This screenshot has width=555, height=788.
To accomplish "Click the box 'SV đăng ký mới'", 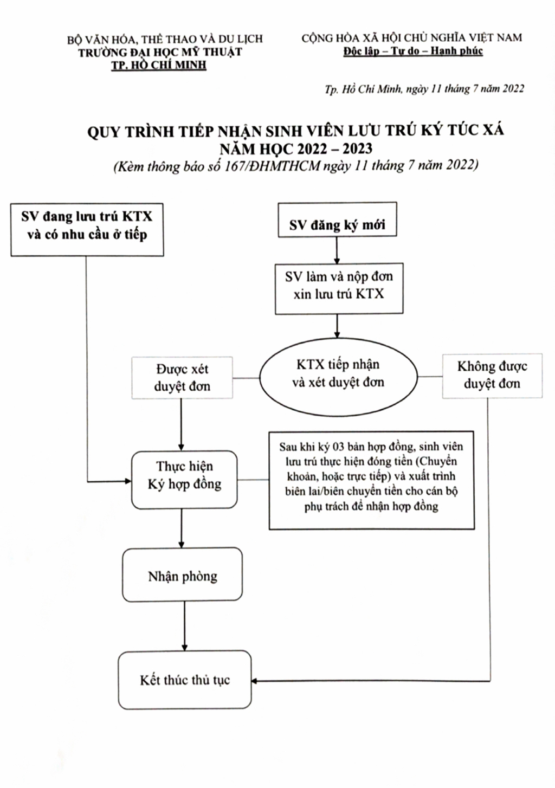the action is [x=337, y=219].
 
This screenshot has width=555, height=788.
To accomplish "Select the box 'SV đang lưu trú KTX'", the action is [x=87, y=229].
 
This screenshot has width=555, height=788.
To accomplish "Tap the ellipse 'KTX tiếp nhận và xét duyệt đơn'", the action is [x=338, y=378].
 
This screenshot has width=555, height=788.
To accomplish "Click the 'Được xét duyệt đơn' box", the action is [x=182, y=378].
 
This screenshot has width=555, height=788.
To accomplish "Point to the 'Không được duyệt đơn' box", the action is [x=492, y=376].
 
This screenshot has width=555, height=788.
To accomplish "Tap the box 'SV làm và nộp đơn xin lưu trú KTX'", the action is [x=339, y=288].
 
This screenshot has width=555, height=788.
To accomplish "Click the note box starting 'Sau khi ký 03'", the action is [x=371, y=481].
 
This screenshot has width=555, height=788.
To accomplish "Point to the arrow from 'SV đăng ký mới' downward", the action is [x=337, y=250].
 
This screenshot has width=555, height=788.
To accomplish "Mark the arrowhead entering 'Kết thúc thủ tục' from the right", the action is [x=254, y=681].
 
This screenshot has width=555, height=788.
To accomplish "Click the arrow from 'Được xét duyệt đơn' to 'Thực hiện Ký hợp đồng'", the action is [x=181, y=424].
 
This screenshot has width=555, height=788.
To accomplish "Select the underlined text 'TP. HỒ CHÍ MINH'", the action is [x=159, y=66].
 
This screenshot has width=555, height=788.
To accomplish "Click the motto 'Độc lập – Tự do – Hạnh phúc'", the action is [x=413, y=51].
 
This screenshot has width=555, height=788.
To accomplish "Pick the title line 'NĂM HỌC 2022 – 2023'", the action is [x=296, y=149].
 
